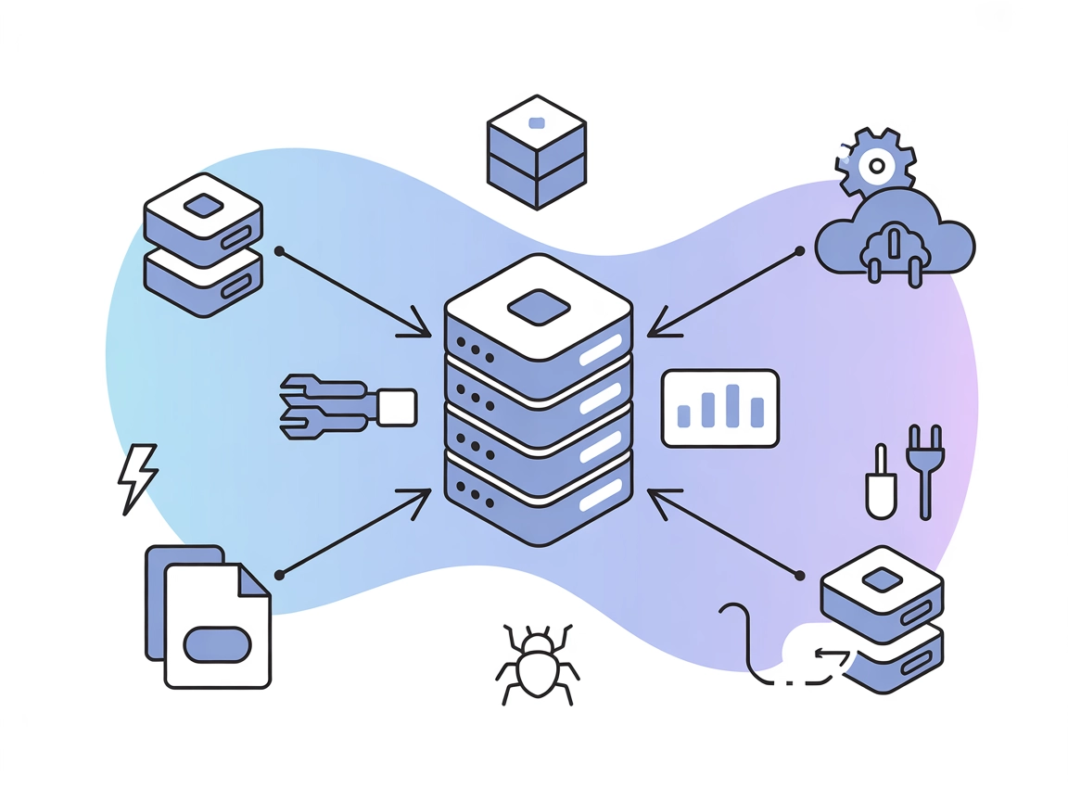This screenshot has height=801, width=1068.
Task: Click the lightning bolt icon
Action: click(x=137, y=477)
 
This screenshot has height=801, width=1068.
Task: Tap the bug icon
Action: click(x=537, y=664)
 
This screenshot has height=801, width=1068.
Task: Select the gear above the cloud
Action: click(x=874, y=165)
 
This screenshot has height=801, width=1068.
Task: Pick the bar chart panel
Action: click(x=720, y=408)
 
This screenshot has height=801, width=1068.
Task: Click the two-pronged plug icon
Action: click(x=924, y=468)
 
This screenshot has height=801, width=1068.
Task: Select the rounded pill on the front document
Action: click(x=218, y=644)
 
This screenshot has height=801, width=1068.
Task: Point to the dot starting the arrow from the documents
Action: click(x=279, y=575)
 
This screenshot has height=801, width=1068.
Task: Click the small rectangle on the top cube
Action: click(x=536, y=122)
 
